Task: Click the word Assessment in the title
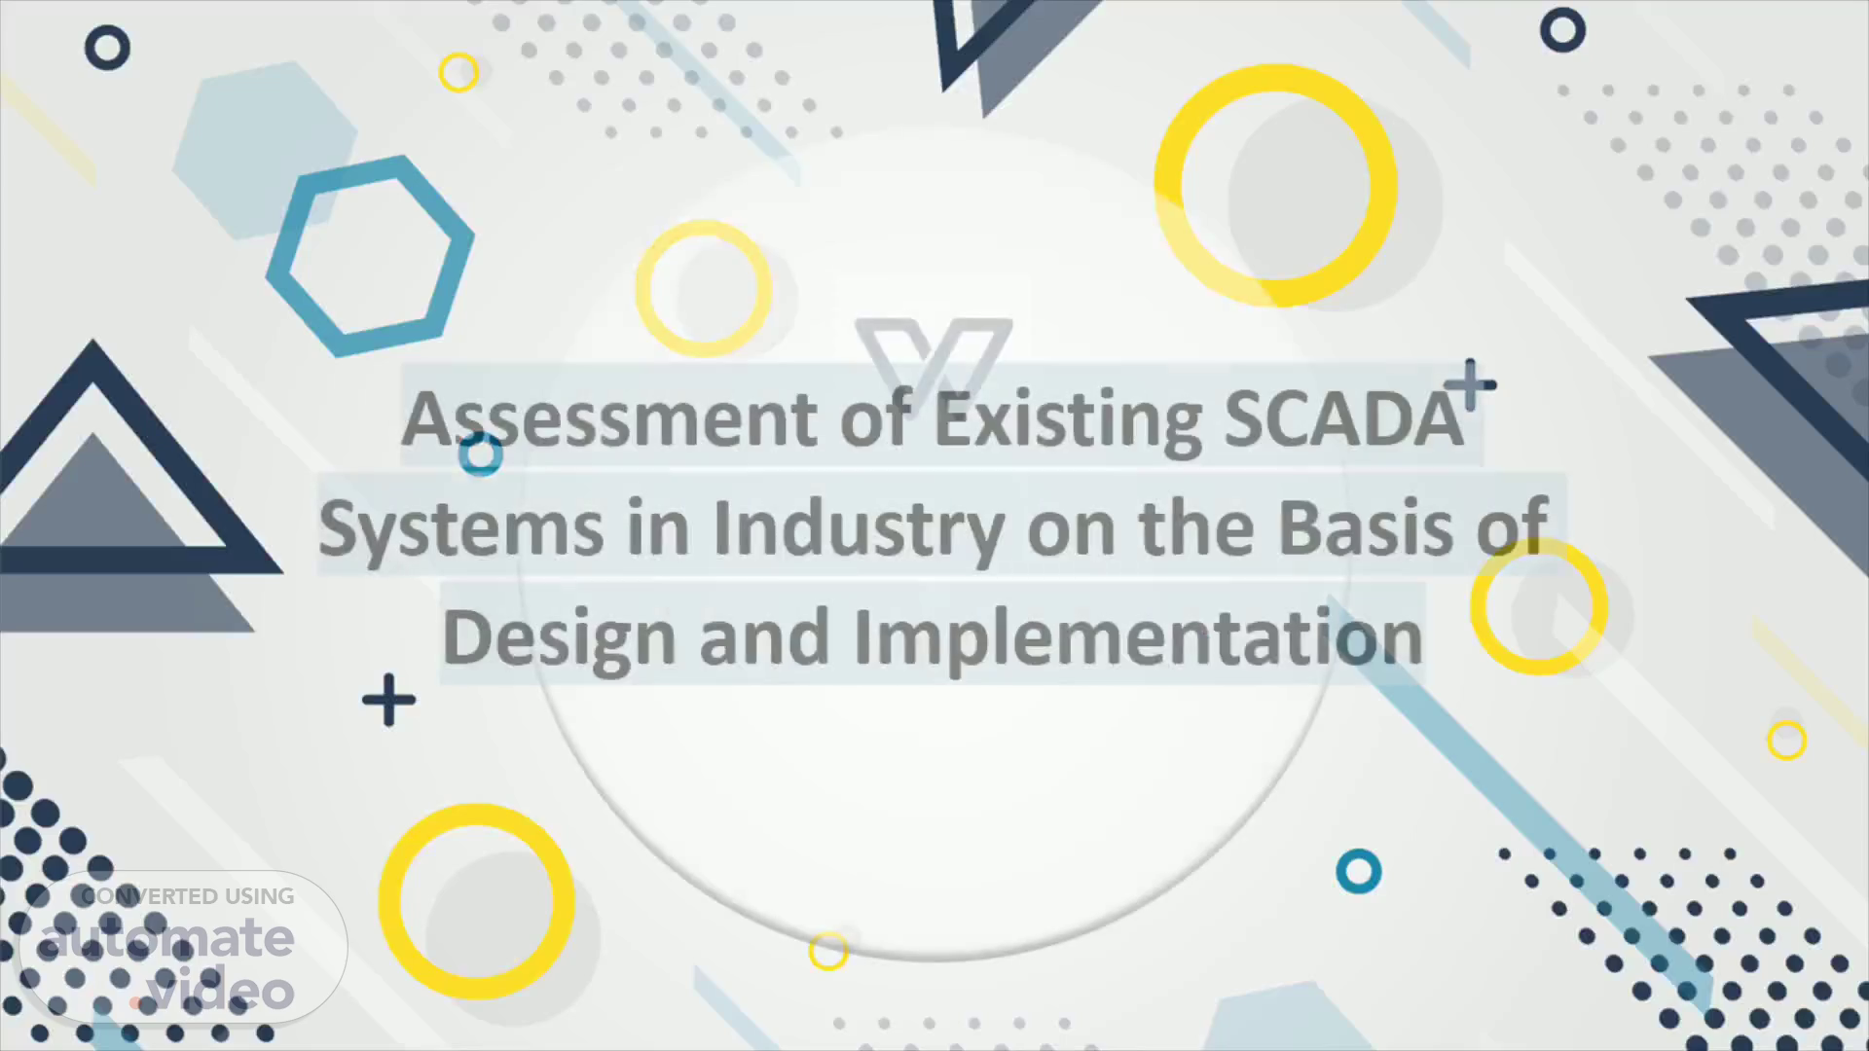click(x=609, y=420)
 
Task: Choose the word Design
click(x=559, y=638)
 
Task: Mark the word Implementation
click(x=1138, y=638)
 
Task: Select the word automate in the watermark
click(x=167, y=939)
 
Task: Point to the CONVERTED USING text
click(x=188, y=896)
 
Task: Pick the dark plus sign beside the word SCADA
click(x=1470, y=385)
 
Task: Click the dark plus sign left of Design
click(x=389, y=700)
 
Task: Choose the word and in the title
click(x=764, y=638)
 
